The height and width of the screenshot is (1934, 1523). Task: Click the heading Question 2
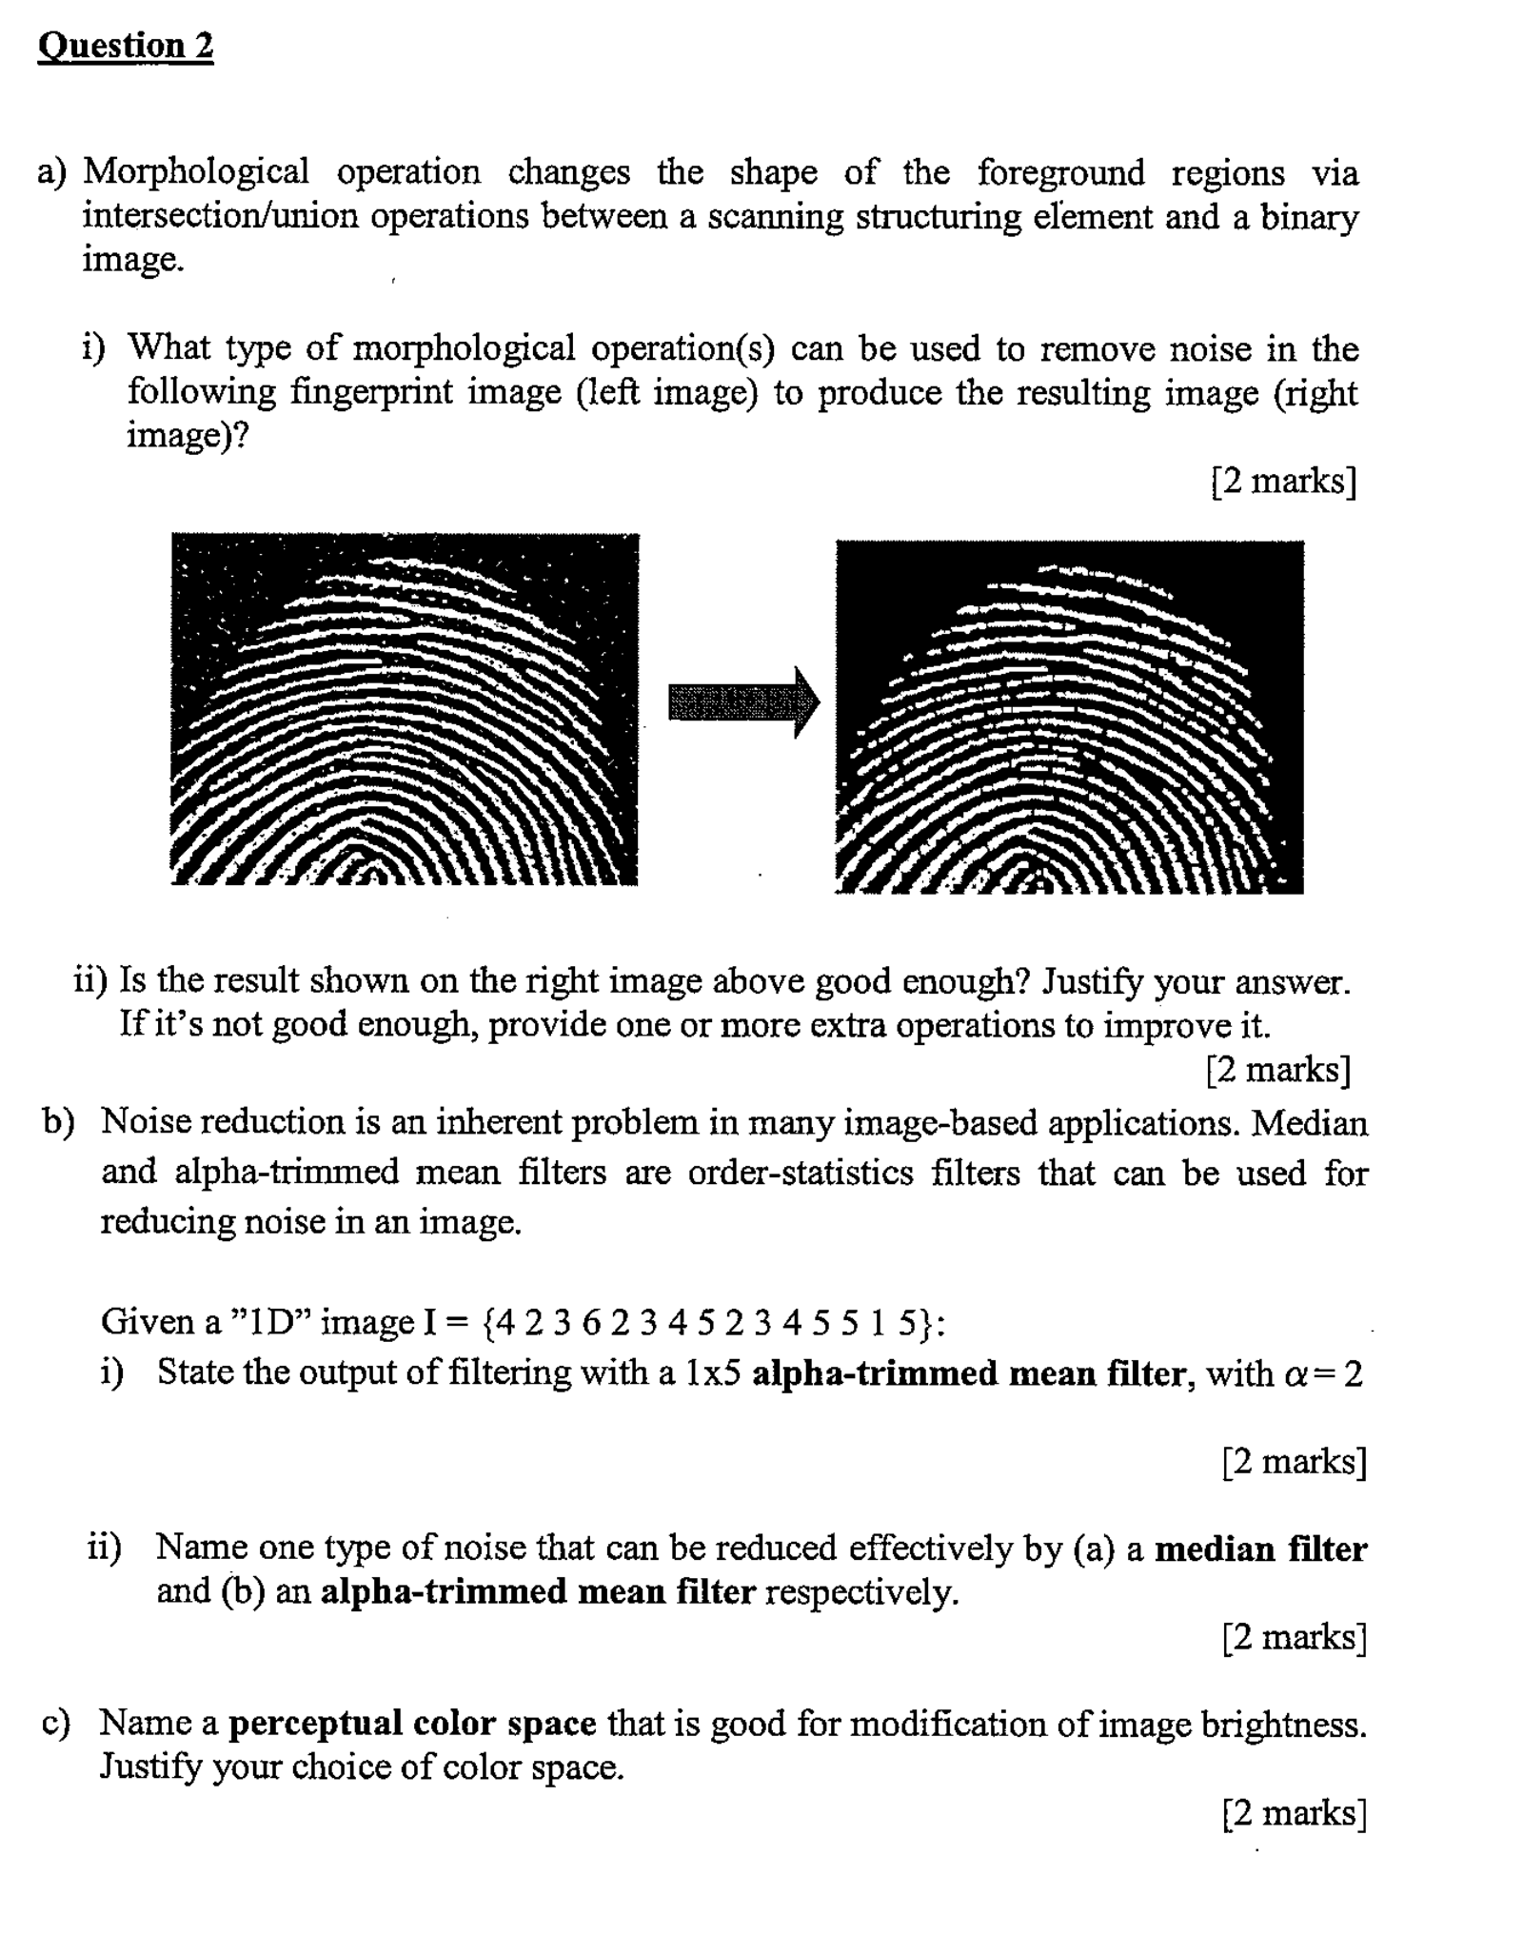[126, 46]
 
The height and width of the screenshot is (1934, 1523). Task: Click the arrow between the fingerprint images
[742, 702]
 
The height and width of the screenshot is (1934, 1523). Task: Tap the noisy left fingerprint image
[405, 709]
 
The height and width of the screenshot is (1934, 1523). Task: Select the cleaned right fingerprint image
[1069, 717]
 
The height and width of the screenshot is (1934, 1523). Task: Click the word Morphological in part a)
[196, 172]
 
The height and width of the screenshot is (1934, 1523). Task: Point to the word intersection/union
[220, 217]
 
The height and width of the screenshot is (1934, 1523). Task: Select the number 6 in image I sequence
[591, 1322]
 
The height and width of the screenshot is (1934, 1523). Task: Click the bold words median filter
[1260, 1549]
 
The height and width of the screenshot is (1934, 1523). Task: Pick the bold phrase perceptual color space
[412, 1724]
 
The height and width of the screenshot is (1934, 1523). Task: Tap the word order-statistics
[801, 1173]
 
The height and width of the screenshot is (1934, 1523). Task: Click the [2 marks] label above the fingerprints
[1283, 481]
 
